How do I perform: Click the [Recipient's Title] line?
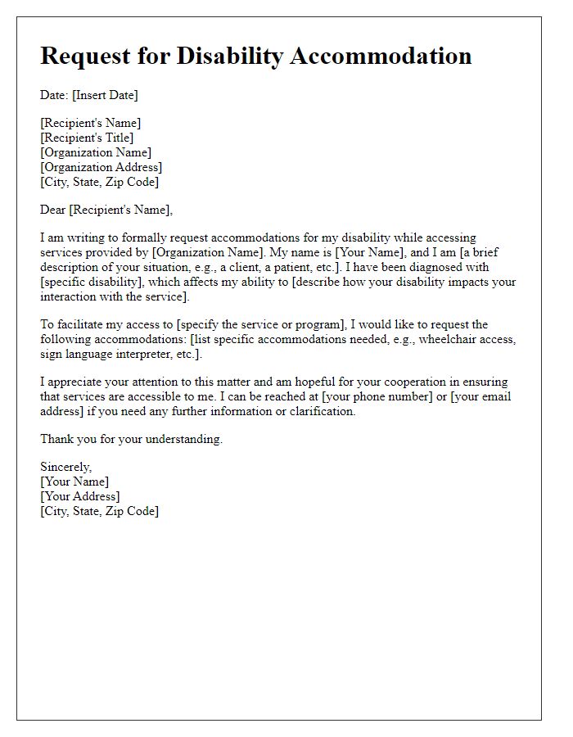87,138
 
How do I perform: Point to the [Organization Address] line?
101,167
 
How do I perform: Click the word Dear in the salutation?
53,210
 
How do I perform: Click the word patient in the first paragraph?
286,267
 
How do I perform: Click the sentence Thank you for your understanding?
131,439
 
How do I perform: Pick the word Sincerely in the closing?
66,467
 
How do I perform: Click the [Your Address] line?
79,496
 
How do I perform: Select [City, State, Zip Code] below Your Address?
99,511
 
